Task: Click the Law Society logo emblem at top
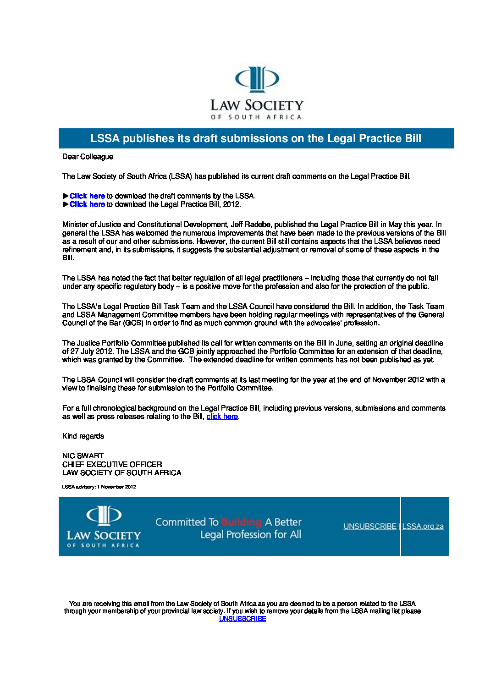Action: [x=257, y=79]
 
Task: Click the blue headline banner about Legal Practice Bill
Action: [x=256, y=138]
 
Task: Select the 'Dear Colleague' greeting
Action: [x=88, y=157]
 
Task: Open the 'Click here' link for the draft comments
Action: [x=87, y=196]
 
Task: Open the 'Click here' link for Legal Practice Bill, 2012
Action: [x=87, y=204]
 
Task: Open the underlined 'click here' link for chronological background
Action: [x=222, y=417]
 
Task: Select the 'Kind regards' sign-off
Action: [x=83, y=436]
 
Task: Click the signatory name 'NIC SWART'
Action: [x=83, y=456]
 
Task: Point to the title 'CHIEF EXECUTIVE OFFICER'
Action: [x=112, y=464]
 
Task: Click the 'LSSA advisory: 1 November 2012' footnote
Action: [x=99, y=487]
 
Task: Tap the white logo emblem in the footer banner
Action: [x=104, y=515]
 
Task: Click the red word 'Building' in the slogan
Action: [x=242, y=522]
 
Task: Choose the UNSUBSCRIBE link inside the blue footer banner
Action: [x=369, y=527]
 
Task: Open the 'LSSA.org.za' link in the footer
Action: [x=423, y=527]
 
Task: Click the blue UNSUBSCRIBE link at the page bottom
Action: [x=242, y=619]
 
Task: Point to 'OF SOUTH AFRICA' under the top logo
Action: [x=256, y=117]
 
